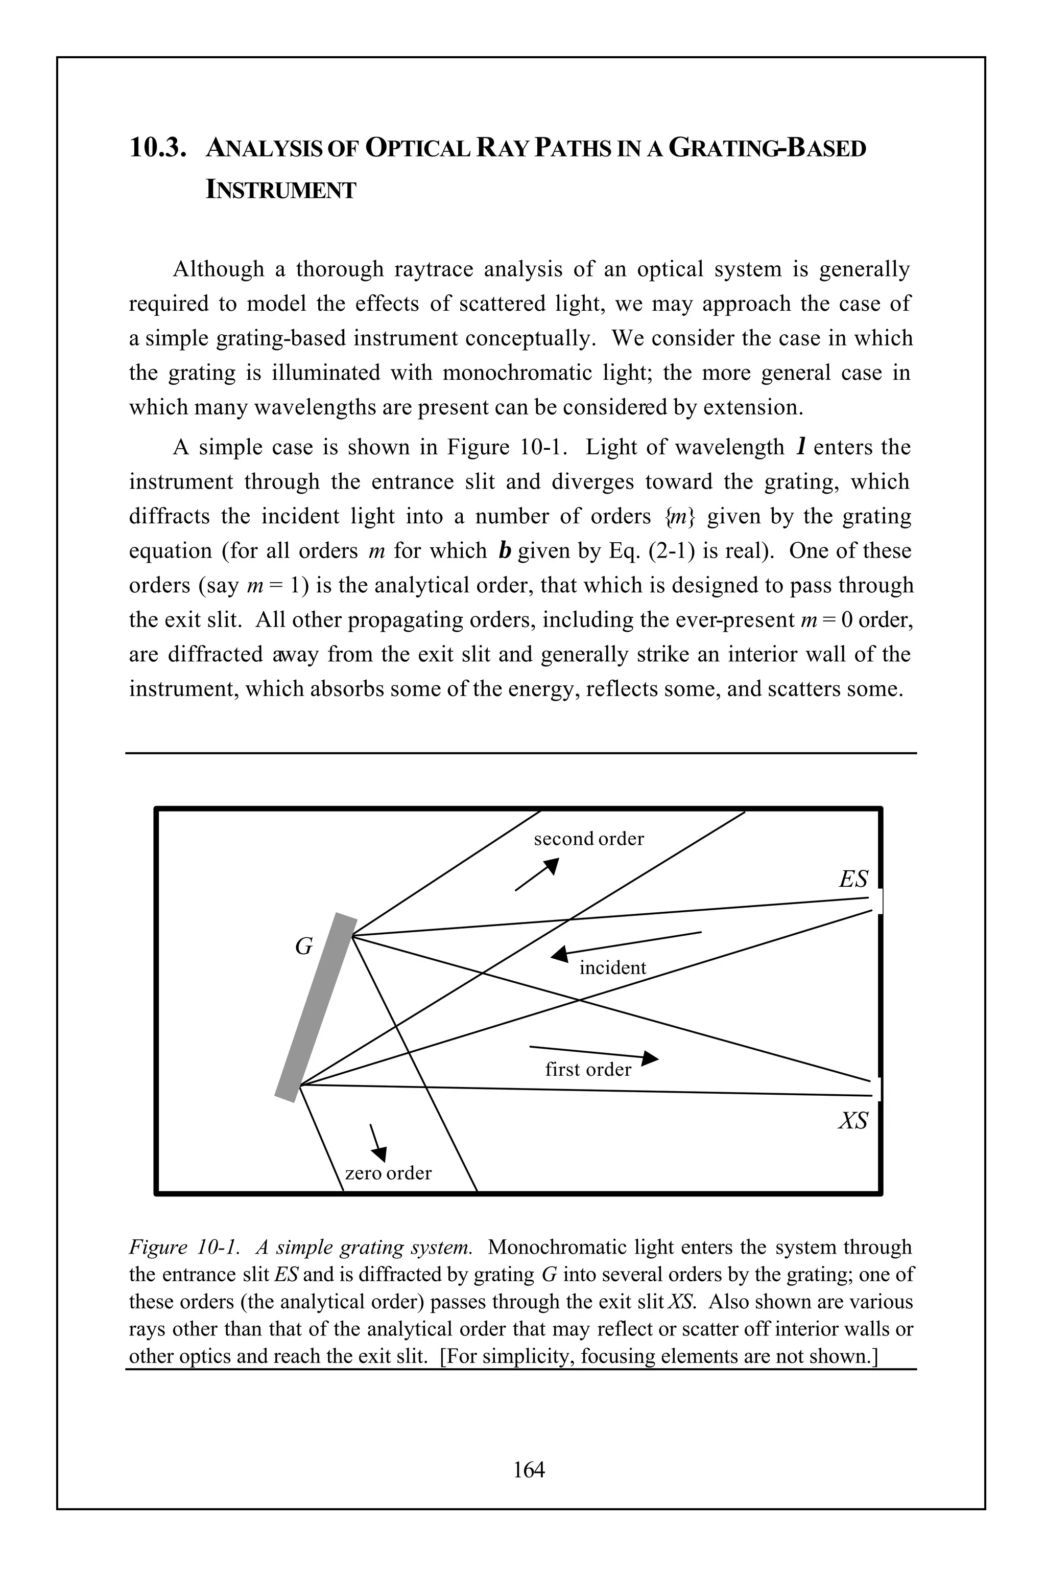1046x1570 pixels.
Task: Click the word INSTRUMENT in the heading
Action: tap(281, 190)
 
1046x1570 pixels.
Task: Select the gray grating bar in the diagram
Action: tap(316, 1007)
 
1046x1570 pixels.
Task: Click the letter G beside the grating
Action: tap(303, 946)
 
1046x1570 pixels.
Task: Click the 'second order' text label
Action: tap(588, 839)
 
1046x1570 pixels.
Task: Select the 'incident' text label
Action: tap(612, 968)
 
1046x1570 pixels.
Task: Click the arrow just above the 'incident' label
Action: tap(560, 955)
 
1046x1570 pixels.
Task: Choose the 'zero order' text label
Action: tap(388, 1173)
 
